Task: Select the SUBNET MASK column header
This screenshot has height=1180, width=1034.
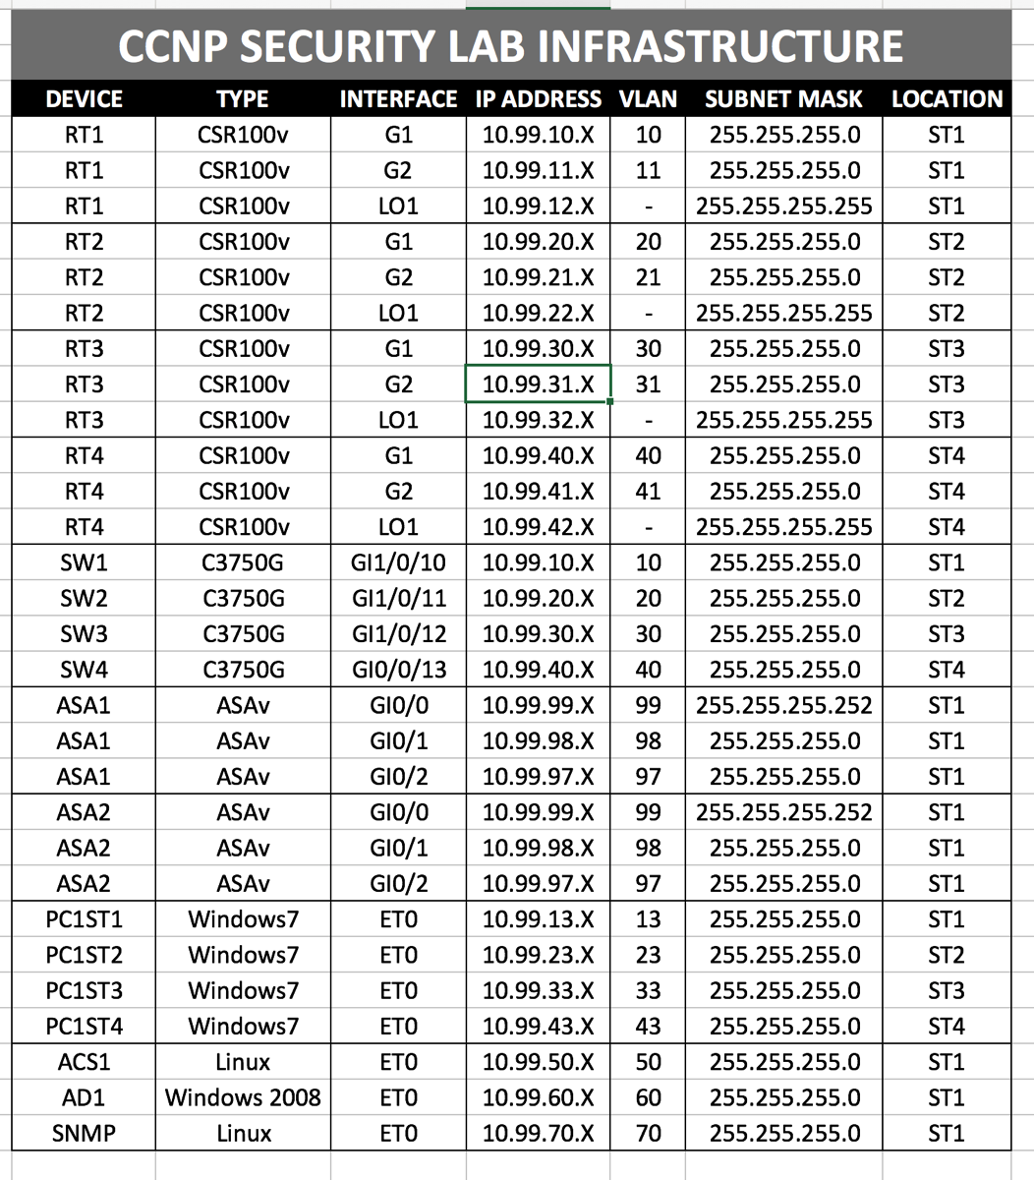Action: click(782, 99)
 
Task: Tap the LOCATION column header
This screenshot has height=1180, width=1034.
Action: click(947, 99)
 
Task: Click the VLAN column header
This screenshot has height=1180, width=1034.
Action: click(648, 99)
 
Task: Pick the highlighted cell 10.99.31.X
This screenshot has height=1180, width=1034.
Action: click(538, 384)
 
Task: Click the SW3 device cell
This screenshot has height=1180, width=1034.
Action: click(84, 634)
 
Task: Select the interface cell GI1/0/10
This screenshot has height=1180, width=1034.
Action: click(398, 563)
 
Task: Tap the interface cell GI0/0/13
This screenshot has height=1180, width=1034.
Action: click(398, 671)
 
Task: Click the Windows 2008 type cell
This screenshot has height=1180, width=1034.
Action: click(243, 1098)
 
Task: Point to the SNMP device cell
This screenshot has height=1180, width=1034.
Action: click(84, 1134)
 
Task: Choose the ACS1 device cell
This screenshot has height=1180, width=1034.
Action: click(84, 1063)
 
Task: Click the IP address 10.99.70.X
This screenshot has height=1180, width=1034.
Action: click(538, 1134)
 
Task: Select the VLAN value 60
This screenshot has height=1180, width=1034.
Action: click(648, 1098)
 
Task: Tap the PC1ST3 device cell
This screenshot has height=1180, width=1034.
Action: click(84, 991)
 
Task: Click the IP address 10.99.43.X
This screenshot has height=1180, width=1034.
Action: click(538, 1027)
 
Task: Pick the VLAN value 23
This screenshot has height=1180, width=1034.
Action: click(648, 956)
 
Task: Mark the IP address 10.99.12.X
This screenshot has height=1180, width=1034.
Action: click(538, 206)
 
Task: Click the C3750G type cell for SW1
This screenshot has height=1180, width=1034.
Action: click(243, 563)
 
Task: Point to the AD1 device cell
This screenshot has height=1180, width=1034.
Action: click(84, 1098)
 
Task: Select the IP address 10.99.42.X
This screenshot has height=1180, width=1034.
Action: click(538, 528)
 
